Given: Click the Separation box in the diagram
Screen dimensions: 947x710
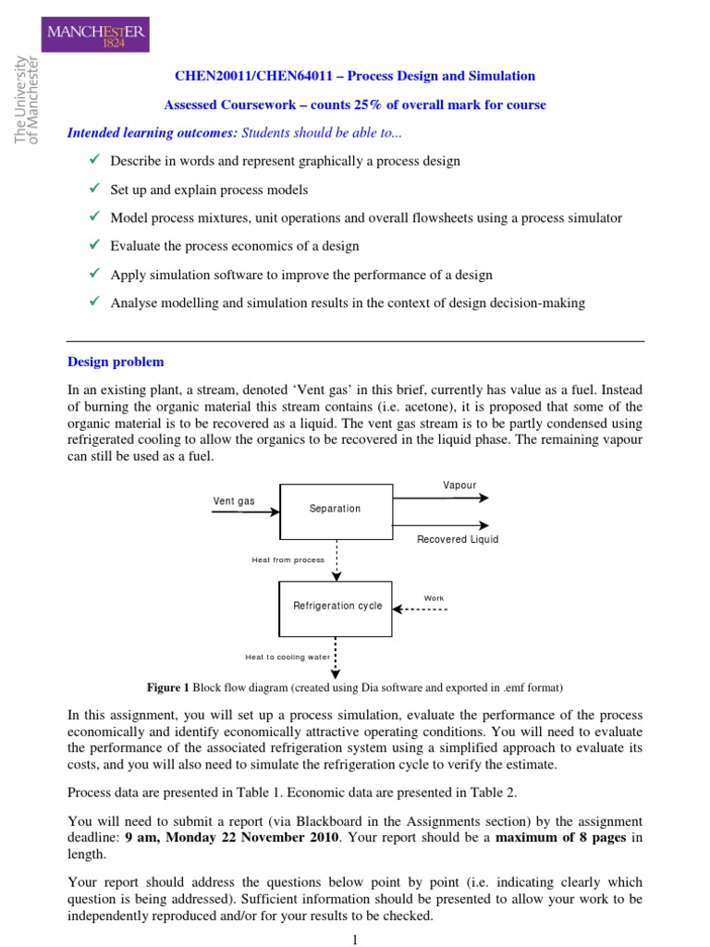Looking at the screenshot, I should pos(335,509).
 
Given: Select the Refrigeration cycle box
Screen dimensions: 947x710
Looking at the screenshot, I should pos(336,607).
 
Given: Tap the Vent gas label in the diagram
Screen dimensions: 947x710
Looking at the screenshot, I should pos(234,501).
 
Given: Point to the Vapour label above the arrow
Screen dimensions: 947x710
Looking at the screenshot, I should pos(459,486).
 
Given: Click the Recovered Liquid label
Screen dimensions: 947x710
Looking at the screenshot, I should pos(457,539).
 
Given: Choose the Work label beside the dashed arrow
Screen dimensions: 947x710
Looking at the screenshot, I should pos(434,598).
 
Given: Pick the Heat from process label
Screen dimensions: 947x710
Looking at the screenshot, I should pos(288,560).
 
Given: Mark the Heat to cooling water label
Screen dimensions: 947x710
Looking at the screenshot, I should pos(287,658).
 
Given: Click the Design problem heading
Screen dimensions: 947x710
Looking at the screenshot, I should pos(116,362).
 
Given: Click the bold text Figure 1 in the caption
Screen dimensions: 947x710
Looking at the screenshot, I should pos(167,687).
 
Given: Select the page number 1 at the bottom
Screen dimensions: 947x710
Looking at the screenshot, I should pos(354,939).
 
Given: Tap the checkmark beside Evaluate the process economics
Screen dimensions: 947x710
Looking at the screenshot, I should pos(92,245).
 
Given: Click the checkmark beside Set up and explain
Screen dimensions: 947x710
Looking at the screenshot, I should pos(92,189).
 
